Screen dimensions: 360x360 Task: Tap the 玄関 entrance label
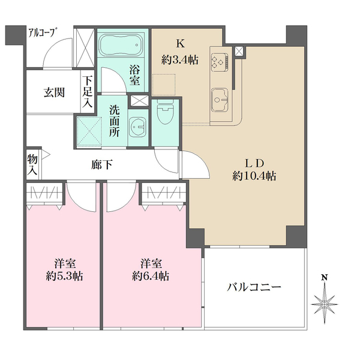pyautogui.click(x=54, y=93)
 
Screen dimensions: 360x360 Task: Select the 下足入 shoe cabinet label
pyautogui.click(x=88, y=91)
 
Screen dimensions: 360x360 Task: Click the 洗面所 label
pyautogui.click(x=115, y=120)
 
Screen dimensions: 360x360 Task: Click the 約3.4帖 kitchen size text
pyautogui.click(x=179, y=60)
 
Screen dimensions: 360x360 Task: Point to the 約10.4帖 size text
pyautogui.click(x=254, y=176)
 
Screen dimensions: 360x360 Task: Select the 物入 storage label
pyautogui.click(x=32, y=164)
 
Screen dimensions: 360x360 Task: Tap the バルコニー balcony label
pyautogui.click(x=254, y=287)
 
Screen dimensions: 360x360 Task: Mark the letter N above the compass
pyautogui.click(x=324, y=277)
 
